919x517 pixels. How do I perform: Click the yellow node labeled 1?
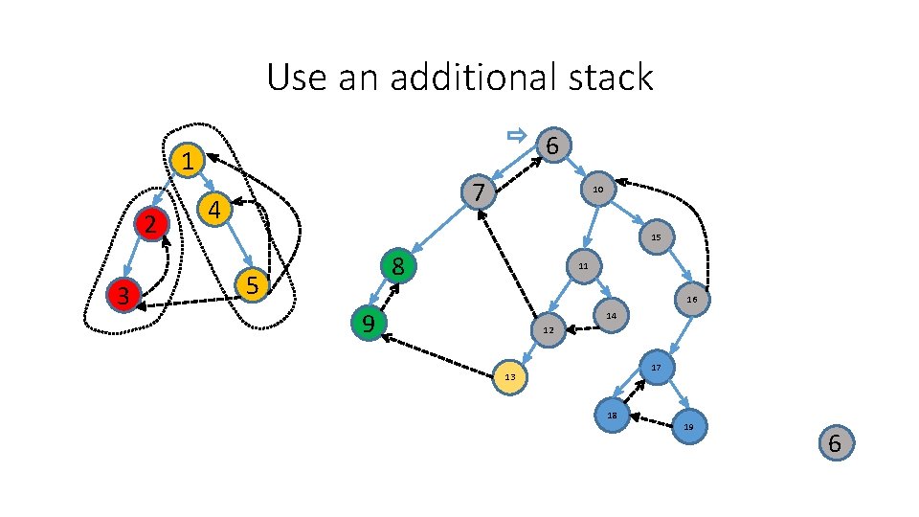pos(190,161)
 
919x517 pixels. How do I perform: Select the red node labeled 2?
pos(150,225)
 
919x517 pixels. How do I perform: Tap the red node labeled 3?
pos(123,296)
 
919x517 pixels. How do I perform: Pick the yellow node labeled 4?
pos(215,209)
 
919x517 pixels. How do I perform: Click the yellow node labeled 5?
pos(252,284)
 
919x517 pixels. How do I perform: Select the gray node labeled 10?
pos(596,191)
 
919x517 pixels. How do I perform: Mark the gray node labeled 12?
pos(548,330)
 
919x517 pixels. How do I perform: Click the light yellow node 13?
pos(510,376)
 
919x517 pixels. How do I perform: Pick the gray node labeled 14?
pos(612,315)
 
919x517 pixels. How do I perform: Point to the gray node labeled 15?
pos(656,236)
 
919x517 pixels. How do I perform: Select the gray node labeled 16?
pos(691,300)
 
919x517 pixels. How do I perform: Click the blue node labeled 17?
pos(656,368)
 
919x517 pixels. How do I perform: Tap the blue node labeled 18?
pos(612,415)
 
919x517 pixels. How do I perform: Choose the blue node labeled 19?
pos(688,426)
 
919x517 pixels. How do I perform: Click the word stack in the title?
pos(607,77)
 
